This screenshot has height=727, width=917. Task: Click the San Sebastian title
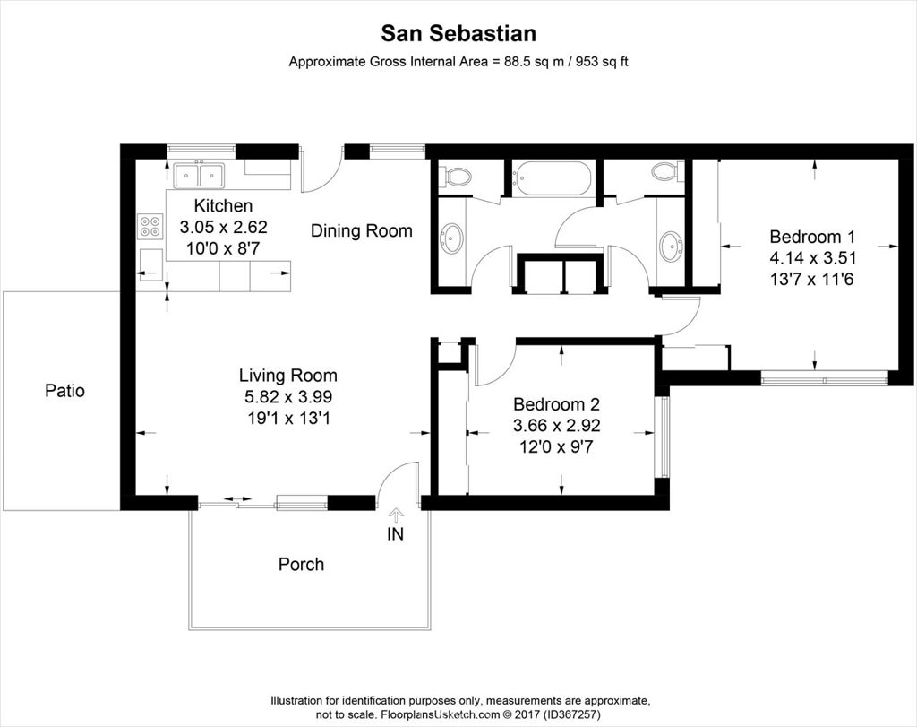(x=458, y=34)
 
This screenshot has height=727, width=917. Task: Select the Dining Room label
(x=361, y=230)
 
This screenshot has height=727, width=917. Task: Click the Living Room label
(x=287, y=376)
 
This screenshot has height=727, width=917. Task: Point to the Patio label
(x=64, y=391)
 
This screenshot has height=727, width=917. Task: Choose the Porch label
(x=301, y=564)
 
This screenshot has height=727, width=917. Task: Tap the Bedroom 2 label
(x=555, y=403)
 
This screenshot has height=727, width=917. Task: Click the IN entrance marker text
(x=395, y=535)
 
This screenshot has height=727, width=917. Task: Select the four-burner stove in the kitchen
(x=150, y=226)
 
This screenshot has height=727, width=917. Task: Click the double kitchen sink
(x=199, y=172)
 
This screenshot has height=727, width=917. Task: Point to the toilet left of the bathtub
(x=458, y=176)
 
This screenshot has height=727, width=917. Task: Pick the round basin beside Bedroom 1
(x=669, y=244)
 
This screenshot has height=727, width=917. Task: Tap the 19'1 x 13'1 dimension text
(x=287, y=417)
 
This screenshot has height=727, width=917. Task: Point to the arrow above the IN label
(x=395, y=515)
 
